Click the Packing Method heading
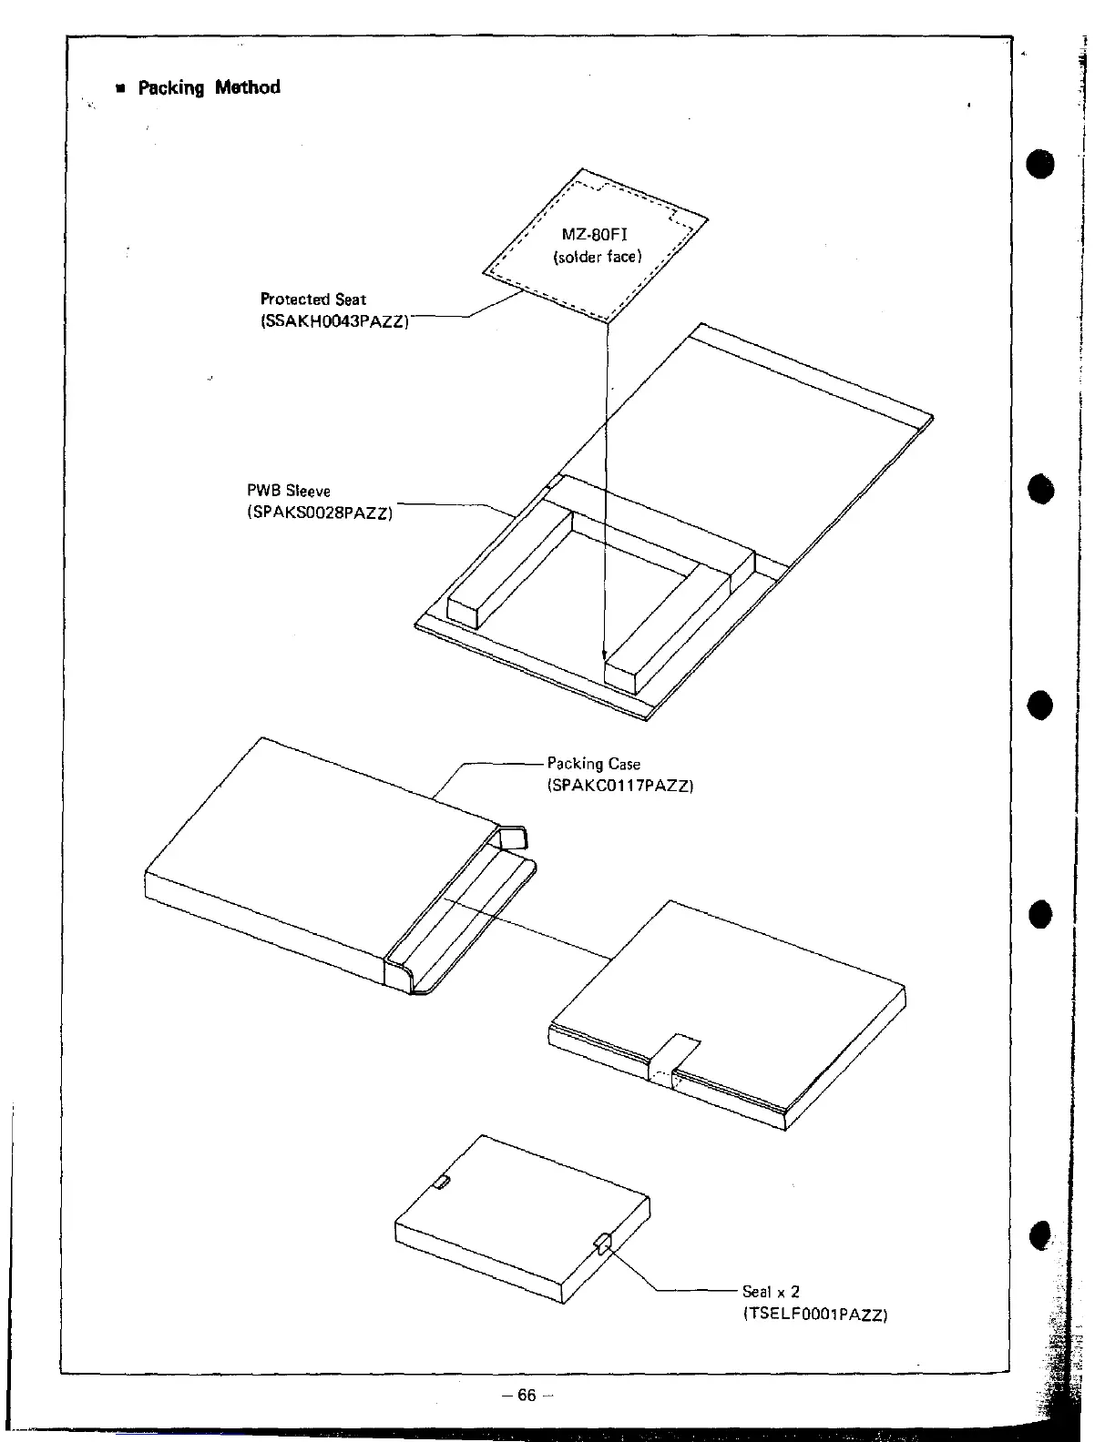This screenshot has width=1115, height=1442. pos(209,87)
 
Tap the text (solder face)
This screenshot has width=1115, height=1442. pos(598,257)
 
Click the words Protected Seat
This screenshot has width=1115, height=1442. pos(312,299)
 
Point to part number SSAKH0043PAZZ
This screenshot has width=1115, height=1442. pos(334,321)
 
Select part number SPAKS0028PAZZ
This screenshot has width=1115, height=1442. pos(320,513)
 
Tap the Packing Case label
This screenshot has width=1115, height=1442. pos(593,764)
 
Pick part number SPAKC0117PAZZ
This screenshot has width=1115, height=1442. pos(619,785)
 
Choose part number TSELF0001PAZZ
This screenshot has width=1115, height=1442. pos(814,1314)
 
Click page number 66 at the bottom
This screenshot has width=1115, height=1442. pos(527,1395)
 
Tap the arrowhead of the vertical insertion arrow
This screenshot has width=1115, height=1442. pos(604,654)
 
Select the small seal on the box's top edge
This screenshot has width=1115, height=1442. pos(441,1182)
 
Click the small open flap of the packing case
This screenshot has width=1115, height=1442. pos(515,838)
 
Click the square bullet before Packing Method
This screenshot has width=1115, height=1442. pos(119,89)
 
